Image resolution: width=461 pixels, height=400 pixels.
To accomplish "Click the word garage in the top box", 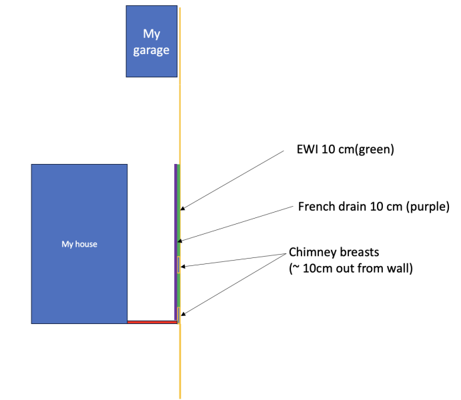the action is click(151, 51).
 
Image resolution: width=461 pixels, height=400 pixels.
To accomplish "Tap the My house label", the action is click(79, 244).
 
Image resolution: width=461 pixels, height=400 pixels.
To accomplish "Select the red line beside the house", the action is click(152, 322).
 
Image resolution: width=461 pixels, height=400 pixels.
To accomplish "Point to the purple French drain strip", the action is click(176, 242).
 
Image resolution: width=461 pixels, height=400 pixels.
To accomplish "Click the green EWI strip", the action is click(179, 242).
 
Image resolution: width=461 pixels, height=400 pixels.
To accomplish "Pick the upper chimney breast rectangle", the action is click(179, 265).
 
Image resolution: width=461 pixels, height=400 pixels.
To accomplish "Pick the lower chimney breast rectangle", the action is click(179, 315).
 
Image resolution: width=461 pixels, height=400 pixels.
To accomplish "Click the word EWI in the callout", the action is click(307, 149).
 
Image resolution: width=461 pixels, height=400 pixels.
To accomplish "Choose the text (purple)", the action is click(428, 207).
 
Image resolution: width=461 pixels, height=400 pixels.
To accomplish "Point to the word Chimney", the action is click(312, 253).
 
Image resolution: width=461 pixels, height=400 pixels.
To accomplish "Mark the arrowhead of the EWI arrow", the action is click(182, 208).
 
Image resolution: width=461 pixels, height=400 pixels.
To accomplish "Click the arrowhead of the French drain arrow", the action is click(180, 241).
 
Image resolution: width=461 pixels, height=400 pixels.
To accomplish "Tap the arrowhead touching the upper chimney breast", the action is click(183, 267).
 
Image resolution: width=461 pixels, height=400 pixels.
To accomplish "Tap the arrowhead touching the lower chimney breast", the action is click(183, 314).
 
